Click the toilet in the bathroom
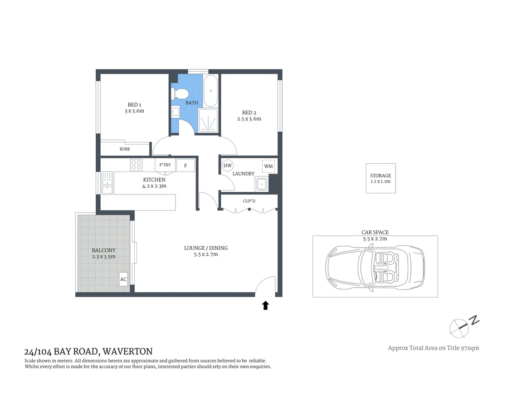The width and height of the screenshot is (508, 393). (180, 94)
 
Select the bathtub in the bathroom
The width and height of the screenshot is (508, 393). (210, 90)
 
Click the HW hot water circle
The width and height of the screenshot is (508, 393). (228, 166)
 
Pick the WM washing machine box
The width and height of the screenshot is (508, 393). (269, 166)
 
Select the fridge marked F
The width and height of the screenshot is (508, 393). (186, 165)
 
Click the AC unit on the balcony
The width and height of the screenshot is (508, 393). (123, 279)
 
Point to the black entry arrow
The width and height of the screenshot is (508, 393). (265, 305)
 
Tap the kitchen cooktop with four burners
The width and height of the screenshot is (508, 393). (136, 164)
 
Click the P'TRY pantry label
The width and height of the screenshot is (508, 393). (165, 165)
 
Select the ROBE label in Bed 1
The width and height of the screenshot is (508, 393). (125, 149)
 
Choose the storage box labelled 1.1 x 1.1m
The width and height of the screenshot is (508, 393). (381, 178)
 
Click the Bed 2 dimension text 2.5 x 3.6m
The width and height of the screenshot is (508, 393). (249, 119)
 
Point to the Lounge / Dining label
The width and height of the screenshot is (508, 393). (206, 248)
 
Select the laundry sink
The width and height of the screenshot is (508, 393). (261, 184)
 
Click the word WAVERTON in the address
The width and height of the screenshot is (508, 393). (128, 351)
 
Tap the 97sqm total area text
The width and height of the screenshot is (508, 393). (469, 348)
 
